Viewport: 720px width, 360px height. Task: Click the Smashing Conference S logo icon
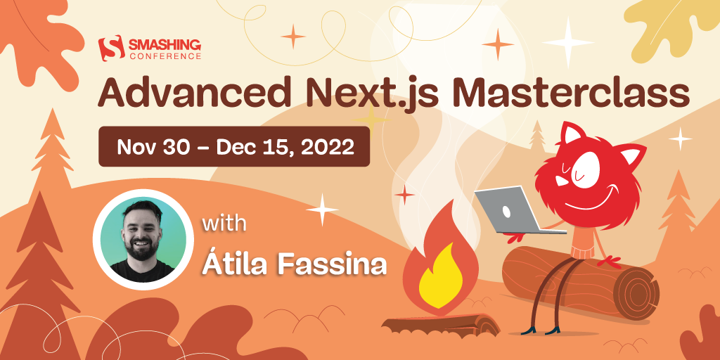click(x=110, y=49)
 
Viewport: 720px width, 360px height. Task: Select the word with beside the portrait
click(x=224, y=225)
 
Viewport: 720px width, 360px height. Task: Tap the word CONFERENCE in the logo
click(x=163, y=56)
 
